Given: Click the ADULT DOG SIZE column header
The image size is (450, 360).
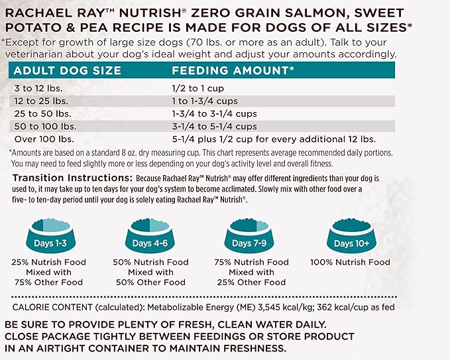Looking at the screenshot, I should tap(68, 70).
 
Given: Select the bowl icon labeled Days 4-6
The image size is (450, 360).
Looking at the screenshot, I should tap(151, 239).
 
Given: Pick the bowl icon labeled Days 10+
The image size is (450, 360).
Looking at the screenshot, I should tap(352, 239).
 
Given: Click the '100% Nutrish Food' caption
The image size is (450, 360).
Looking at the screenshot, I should tap(352, 263).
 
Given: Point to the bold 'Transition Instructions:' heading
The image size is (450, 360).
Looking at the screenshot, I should tap(72, 179).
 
